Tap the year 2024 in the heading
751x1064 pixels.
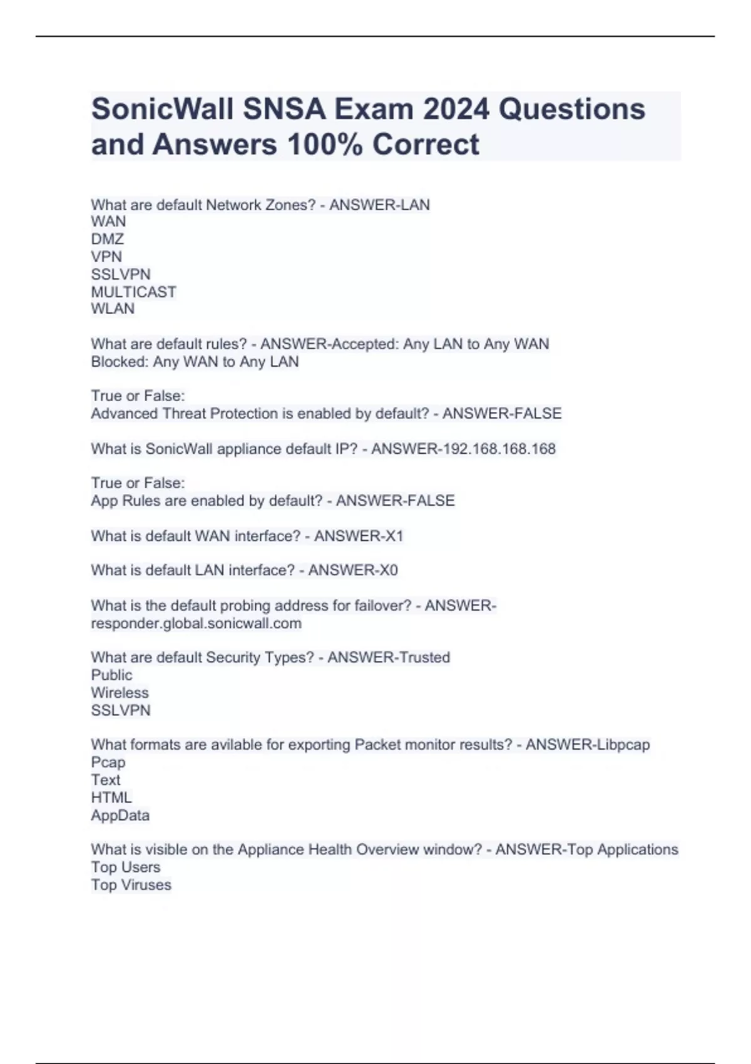click(x=455, y=110)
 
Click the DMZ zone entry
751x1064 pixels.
click(x=108, y=239)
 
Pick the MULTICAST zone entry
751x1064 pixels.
click(x=133, y=292)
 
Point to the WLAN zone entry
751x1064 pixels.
click(x=113, y=309)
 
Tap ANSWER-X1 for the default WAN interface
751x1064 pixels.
click(x=359, y=536)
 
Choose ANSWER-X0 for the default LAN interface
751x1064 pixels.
click(x=353, y=570)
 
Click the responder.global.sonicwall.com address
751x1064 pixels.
click(x=196, y=623)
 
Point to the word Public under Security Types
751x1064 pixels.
click(x=111, y=675)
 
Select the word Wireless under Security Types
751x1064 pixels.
click(x=120, y=693)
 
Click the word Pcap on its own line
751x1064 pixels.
click(x=108, y=762)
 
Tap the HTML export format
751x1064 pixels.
click(x=111, y=797)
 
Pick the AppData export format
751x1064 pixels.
click(x=120, y=816)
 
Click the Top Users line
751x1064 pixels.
click(x=125, y=867)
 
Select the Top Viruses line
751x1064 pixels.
click(x=131, y=885)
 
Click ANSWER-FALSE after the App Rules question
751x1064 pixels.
click(x=395, y=501)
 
